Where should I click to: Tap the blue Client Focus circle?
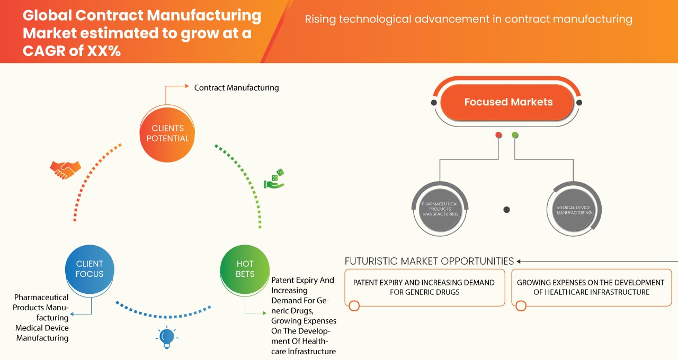point(90,269)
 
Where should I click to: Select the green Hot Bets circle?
point(245,269)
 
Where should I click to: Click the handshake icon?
point(65,169)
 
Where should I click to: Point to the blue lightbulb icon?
point(167,337)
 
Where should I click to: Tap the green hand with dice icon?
point(274,179)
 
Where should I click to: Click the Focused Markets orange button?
point(508,102)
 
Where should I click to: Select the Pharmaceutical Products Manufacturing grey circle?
point(440,209)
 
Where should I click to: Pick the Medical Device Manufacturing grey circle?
point(574,209)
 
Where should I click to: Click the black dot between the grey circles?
point(506,210)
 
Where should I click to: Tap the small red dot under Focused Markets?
point(498,135)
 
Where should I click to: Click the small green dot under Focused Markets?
point(515,135)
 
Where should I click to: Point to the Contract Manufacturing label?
point(236,88)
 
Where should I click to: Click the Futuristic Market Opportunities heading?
point(429,261)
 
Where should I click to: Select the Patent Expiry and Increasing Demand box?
point(424,287)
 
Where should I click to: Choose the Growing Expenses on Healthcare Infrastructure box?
point(591,287)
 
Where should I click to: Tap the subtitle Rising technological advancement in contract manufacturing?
point(468,20)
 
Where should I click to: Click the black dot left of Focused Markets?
point(434,102)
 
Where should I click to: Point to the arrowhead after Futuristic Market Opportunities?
point(519,261)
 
